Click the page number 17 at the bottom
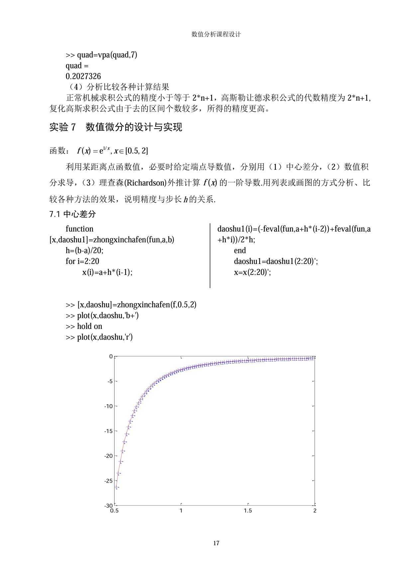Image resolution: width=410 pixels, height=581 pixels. tap(216, 543)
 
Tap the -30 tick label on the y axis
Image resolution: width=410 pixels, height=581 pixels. tap(108, 506)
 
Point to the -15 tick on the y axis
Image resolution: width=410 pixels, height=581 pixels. tap(108, 431)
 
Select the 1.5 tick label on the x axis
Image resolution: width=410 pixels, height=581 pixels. tap(248, 511)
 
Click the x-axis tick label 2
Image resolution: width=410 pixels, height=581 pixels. tap(315, 511)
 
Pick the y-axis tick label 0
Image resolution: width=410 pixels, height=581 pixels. tap(111, 357)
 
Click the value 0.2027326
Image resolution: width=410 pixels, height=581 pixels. tap(83, 76)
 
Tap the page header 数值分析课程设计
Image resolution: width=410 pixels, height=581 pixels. tap(216, 34)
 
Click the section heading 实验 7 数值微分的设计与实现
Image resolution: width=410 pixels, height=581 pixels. tap(116, 127)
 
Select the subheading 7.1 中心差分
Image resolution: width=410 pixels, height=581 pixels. tap(72, 214)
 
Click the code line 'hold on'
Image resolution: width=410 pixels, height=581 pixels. tap(89, 326)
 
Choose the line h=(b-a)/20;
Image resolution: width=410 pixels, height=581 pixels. tap(84, 250)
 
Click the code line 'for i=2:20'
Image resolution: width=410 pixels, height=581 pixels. tap(82, 261)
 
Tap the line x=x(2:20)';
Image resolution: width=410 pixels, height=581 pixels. tap(252, 272)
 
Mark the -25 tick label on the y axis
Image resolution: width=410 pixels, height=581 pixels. tap(108, 481)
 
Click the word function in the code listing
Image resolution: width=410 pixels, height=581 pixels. tap(79, 229)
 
